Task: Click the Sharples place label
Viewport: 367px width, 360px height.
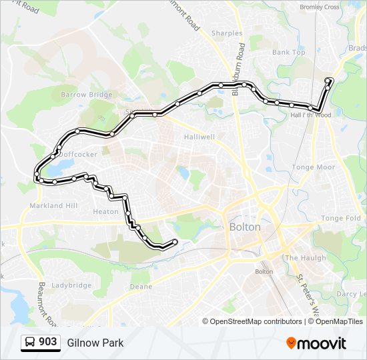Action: [x=226, y=33]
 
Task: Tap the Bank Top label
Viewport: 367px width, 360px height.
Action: [x=288, y=52]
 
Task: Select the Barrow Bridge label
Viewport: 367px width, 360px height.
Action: [x=87, y=95]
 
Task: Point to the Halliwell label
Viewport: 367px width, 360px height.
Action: [x=199, y=137]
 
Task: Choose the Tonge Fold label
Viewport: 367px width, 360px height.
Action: [x=341, y=218]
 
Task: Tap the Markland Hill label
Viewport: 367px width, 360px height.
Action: [x=53, y=205]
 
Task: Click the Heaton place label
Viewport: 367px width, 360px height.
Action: [x=105, y=211]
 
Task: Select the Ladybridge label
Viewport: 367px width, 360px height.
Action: [x=71, y=285]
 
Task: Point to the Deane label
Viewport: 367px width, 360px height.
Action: [x=141, y=287]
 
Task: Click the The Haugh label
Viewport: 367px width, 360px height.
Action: [x=306, y=258]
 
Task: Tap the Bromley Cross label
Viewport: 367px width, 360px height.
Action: [x=320, y=7]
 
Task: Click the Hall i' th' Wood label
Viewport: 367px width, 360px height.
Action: [x=311, y=115]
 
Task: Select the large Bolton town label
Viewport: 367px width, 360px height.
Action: [x=245, y=227]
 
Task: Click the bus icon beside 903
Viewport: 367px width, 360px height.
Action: [x=29, y=343]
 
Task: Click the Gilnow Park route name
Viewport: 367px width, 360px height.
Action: [x=95, y=343]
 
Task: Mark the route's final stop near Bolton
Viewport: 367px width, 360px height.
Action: [x=175, y=241]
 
